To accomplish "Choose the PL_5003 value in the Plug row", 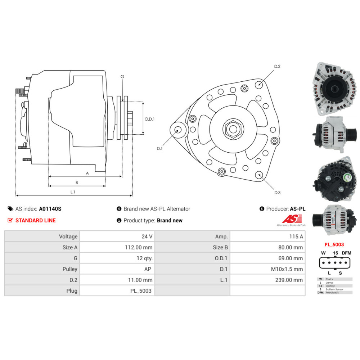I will pos(141,291).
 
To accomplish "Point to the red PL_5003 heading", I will pos(334,244).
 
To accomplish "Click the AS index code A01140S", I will pos(50,209).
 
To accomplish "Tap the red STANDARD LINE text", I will pos(35,220).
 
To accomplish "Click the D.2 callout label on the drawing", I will pos(277,67).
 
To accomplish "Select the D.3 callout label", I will pos(277,193).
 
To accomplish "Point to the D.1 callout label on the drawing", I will pos(159,148).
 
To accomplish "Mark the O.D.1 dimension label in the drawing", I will pos(149,119).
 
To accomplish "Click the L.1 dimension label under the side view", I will pos(72,192).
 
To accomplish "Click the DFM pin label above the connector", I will pos(346,253).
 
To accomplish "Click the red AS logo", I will pos(288,219).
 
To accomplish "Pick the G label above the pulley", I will pos(122,77).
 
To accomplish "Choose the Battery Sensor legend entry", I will pos(334,289).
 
